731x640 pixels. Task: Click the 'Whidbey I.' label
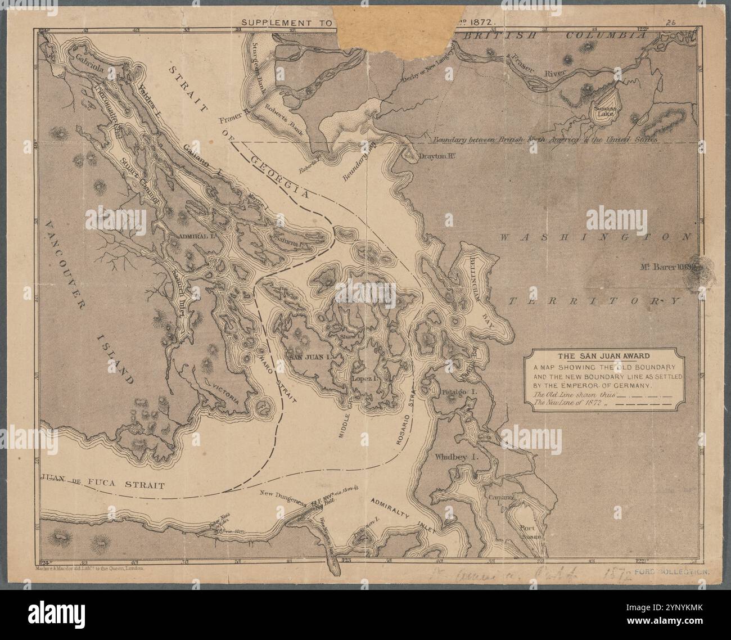[456, 457]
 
